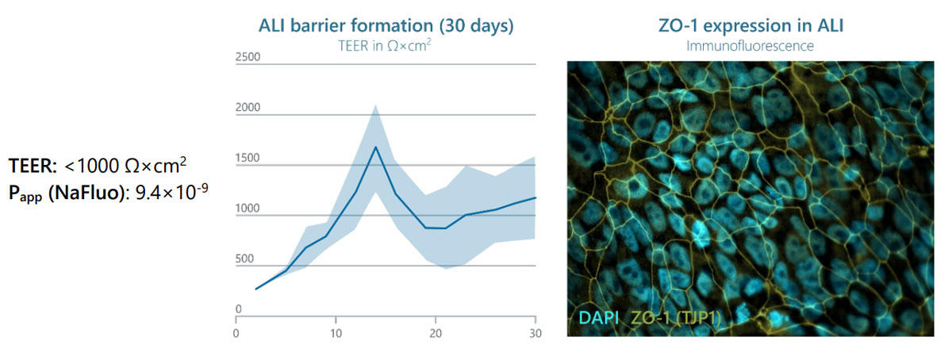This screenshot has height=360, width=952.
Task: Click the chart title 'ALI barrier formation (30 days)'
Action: pyautogui.click(x=386, y=26)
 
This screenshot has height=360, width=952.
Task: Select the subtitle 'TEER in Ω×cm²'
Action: pyautogui.click(x=385, y=45)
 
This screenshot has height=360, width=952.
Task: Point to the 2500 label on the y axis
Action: pyautogui.click(x=248, y=57)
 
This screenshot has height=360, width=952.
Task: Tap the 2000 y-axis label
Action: pyautogui.click(x=248, y=107)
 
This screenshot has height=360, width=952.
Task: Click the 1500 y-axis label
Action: pyautogui.click(x=248, y=158)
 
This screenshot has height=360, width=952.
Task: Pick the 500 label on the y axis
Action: pyautogui.click(x=244, y=259)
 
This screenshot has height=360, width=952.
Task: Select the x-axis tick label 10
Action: pyautogui.click(x=336, y=333)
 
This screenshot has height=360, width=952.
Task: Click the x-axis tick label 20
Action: pyautogui.click(x=436, y=333)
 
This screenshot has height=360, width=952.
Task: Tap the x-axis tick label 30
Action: pyautogui.click(x=535, y=333)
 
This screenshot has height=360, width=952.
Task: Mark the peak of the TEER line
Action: pyautogui.click(x=376, y=147)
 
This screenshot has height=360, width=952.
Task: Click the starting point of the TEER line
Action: pyautogui.click(x=255, y=289)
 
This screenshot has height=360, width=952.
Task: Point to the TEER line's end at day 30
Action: pyautogui.click(x=535, y=197)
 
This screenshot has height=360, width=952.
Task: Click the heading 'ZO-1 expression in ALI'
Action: pyautogui.click(x=750, y=26)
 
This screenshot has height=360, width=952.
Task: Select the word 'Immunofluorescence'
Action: pyautogui.click(x=750, y=46)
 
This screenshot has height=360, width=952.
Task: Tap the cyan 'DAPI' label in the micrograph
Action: pyautogui.click(x=598, y=317)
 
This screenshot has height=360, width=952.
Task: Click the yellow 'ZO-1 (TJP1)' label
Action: pyautogui.click(x=675, y=317)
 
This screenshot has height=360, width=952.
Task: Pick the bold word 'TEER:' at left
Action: pyautogui.click(x=33, y=166)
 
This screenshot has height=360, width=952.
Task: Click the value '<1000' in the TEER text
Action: pyautogui.click(x=92, y=166)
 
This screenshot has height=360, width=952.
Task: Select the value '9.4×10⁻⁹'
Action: pyautogui.click(x=171, y=192)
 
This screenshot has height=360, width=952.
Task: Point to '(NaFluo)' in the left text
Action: pyautogui.click(x=88, y=193)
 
